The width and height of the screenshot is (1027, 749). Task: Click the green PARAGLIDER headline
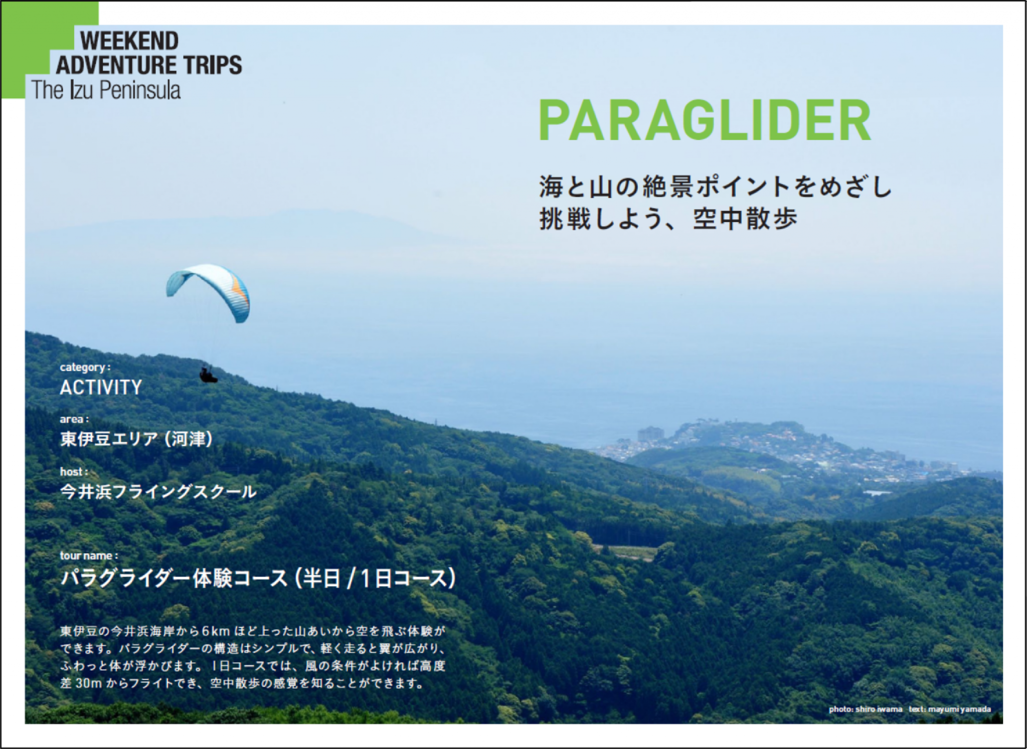pyautogui.click(x=705, y=121)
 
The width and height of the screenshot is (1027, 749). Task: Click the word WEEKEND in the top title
pyautogui.click(x=129, y=41)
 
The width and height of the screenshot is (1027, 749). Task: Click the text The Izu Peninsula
pyautogui.click(x=106, y=90)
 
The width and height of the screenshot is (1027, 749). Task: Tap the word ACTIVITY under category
pyautogui.click(x=101, y=388)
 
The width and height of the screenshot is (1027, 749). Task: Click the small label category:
pyautogui.click(x=85, y=367)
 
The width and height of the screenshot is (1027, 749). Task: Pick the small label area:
pyautogui.click(x=74, y=419)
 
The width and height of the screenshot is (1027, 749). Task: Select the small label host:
pyautogui.click(x=74, y=472)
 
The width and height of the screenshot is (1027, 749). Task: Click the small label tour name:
pyautogui.click(x=89, y=555)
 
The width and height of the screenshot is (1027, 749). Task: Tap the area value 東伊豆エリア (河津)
pyautogui.click(x=136, y=439)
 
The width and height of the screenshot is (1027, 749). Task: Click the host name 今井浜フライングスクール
pyautogui.click(x=158, y=492)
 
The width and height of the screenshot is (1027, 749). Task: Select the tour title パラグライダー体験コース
pyautogui.click(x=174, y=578)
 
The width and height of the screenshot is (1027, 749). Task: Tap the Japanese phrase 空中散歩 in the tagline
pyautogui.click(x=745, y=219)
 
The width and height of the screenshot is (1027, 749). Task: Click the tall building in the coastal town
pyautogui.click(x=650, y=434)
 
